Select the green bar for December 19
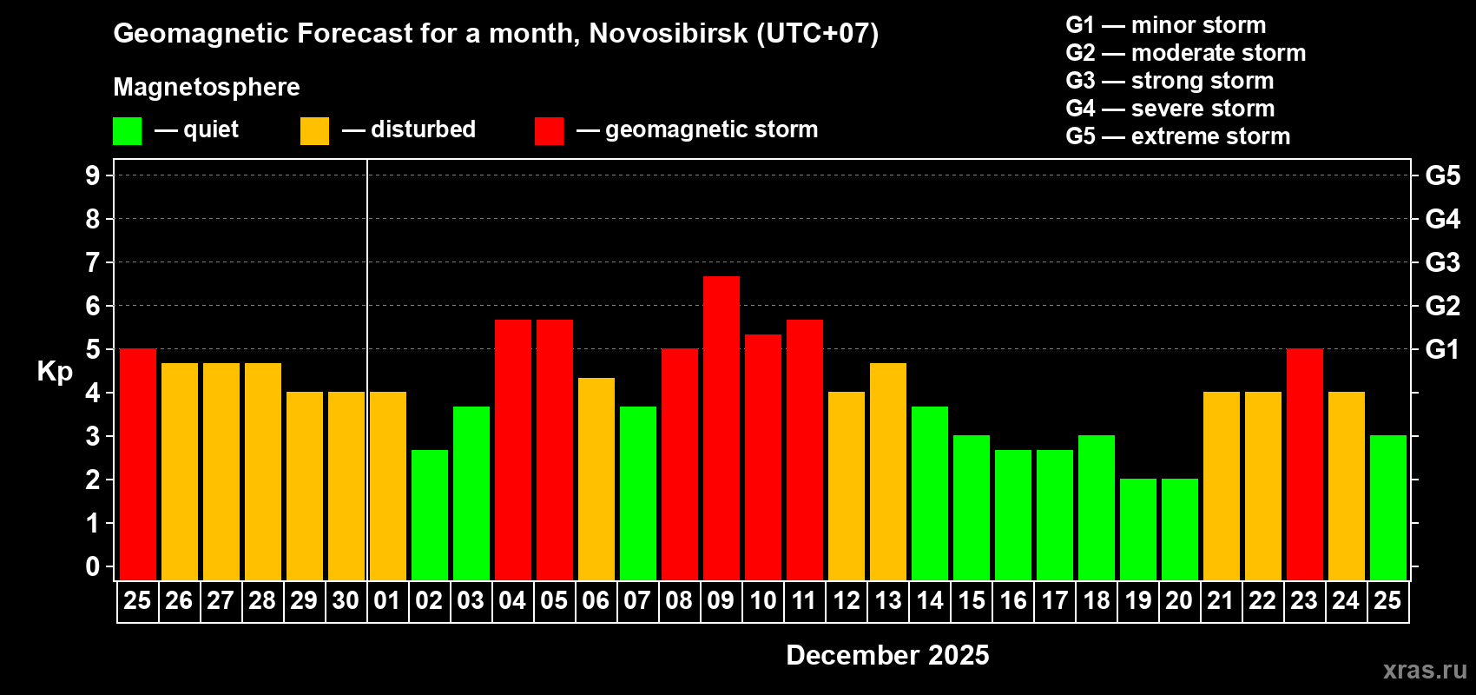[x=1138, y=529]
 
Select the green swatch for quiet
[x=128, y=131]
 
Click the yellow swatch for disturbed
[x=314, y=131]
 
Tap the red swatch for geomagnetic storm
[x=549, y=131]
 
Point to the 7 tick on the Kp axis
[x=93, y=262]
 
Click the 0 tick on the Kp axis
[x=93, y=567]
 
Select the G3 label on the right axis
[x=1442, y=262]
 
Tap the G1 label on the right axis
[x=1442, y=349]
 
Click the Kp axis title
[x=55, y=372]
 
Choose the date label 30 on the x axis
[x=346, y=601]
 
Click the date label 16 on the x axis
[x=1013, y=601]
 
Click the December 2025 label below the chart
[x=887, y=655]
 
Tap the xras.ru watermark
[x=1425, y=670]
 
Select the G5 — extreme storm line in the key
[x=1177, y=136]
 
